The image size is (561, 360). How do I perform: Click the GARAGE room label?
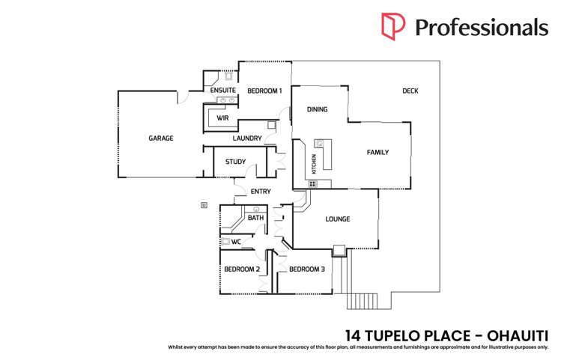click(160, 138)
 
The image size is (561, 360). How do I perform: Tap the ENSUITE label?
click(222, 91)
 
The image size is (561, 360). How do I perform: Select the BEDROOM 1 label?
click(264, 91)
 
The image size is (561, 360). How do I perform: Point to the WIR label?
click(222, 118)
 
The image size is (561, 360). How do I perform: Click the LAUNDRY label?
click(247, 138)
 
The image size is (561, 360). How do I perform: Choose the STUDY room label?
click(236, 162)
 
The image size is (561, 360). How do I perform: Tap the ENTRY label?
click(261, 192)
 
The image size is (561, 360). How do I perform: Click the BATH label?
click(256, 219)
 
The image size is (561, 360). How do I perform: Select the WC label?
click(236, 242)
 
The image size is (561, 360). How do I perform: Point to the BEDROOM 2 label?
click(242, 269)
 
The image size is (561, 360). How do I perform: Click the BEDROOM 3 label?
click(306, 269)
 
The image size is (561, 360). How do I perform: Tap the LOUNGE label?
click(337, 219)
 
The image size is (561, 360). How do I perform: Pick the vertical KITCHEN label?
click(314, 164)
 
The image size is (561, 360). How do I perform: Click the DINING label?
click(318, 110)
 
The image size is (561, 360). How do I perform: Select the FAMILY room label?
click(377, 153)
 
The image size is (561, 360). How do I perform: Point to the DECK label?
click(410, 91)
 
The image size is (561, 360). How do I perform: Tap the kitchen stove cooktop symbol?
click(312, 183)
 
